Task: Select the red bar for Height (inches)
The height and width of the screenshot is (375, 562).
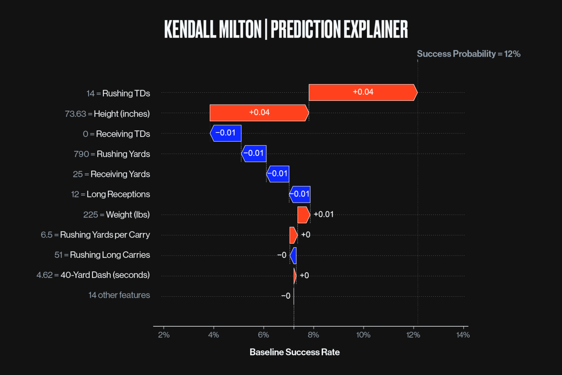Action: point(259,113)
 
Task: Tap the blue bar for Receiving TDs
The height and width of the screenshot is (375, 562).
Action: point(226,133)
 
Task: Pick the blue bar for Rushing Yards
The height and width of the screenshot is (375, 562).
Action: point(254,153)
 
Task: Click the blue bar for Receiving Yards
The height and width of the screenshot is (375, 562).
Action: point(278,174)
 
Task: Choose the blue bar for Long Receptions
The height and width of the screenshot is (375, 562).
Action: point(300,194)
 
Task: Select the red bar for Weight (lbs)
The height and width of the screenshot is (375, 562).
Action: point(303,215)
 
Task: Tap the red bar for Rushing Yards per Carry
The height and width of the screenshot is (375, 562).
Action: point(293,235)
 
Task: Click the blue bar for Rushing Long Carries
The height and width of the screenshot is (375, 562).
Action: point(293,255)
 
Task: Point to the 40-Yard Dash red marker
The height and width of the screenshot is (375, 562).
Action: point(295,276)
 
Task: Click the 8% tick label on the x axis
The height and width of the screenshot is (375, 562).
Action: point(313,335)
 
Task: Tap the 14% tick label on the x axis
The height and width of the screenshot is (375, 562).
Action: point(463,335)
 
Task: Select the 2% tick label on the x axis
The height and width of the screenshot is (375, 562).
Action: point(164,335)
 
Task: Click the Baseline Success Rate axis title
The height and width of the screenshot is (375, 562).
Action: point(295,352)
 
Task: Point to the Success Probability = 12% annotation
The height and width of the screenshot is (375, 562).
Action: point(468,54)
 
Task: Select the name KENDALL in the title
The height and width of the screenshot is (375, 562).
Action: point(190,29)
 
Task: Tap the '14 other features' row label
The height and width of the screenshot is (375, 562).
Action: point(119,295)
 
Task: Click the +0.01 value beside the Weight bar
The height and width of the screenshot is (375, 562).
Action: point(323,215)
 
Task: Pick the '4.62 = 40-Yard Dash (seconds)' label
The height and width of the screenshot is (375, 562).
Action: point(93,275)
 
